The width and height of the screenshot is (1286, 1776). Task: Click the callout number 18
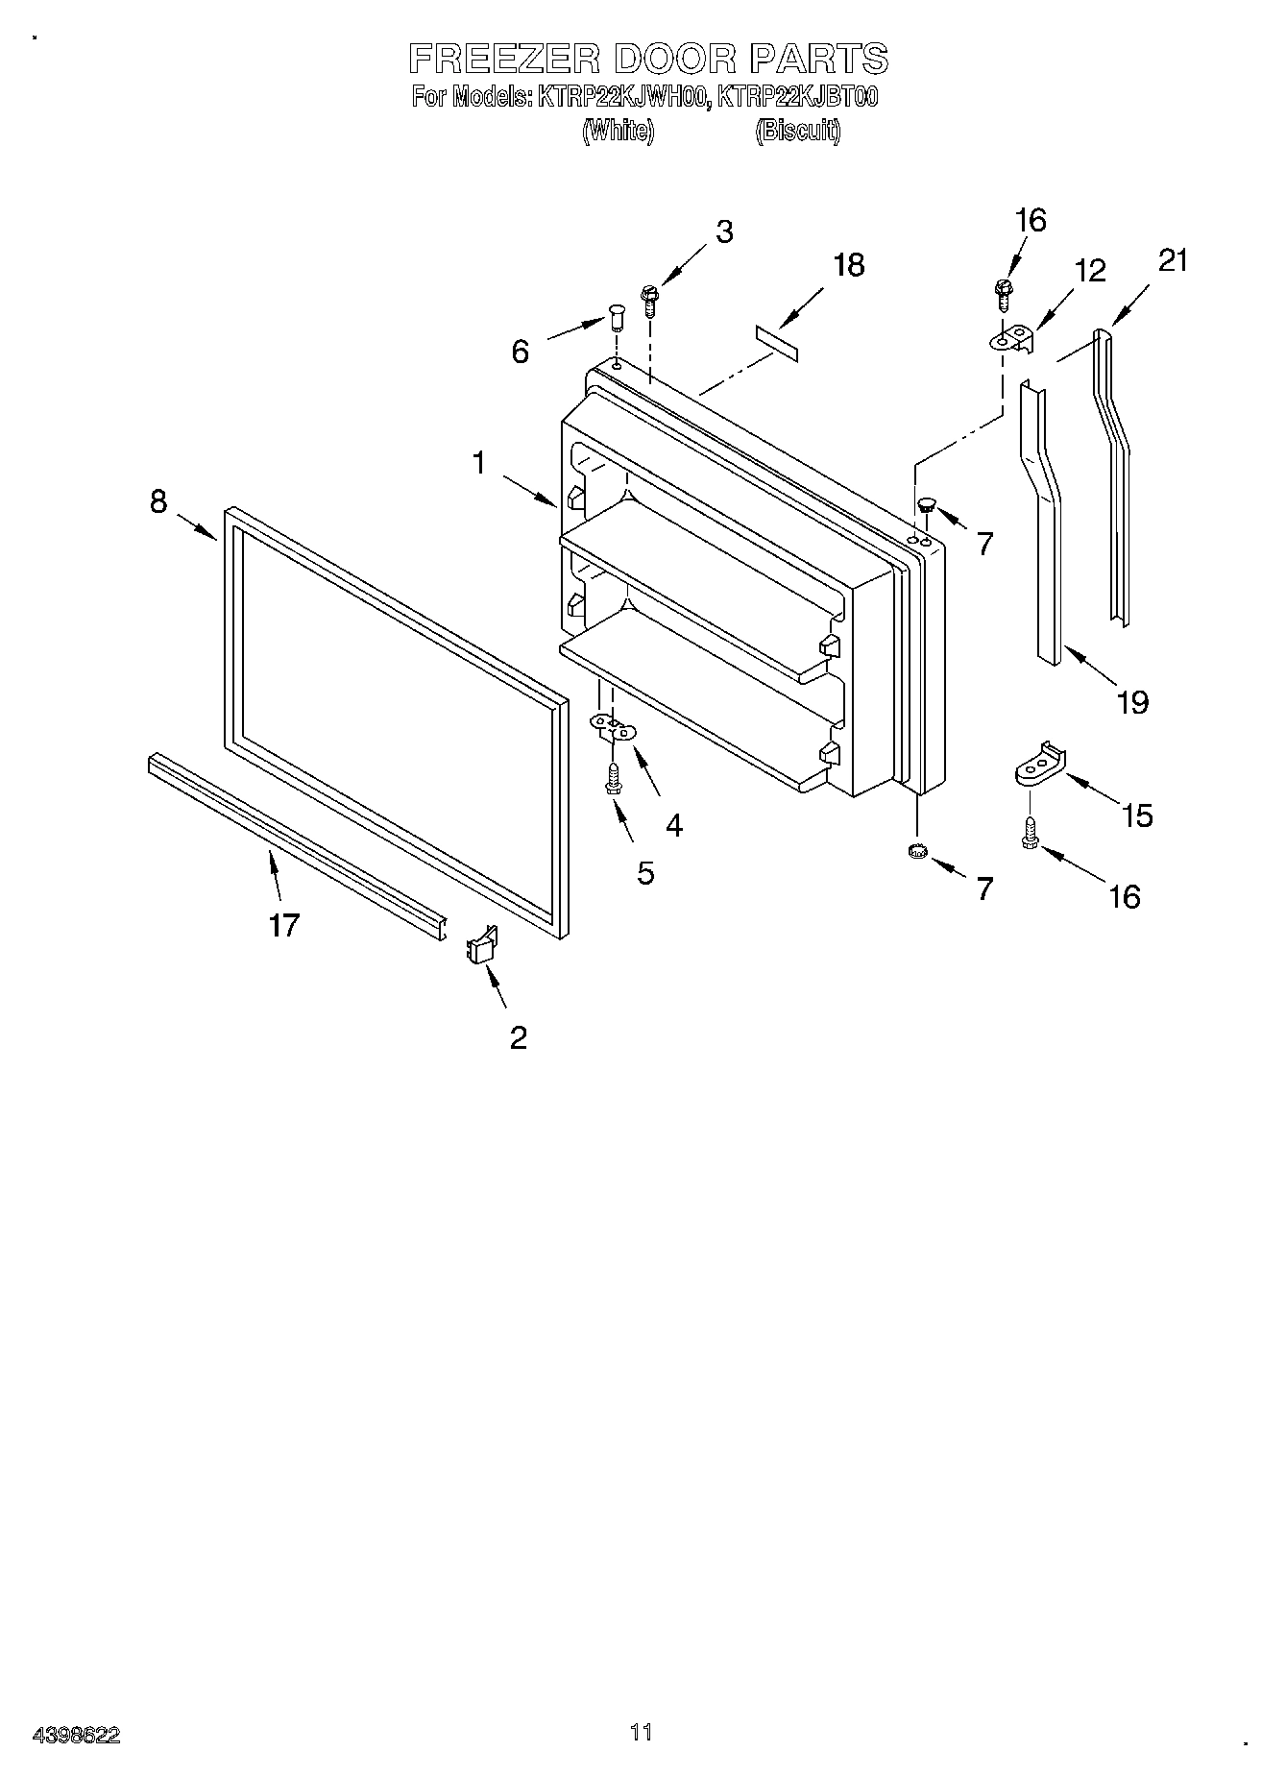(848, 265)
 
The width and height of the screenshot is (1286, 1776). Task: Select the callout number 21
(1173, 260)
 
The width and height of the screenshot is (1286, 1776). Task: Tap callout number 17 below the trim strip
(284, 925)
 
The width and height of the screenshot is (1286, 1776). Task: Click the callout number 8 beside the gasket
(158, 500)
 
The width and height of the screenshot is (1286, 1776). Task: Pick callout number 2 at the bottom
(518, 1037)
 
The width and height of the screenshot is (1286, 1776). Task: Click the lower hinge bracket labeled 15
(1041, 765)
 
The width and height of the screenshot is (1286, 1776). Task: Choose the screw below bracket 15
(1031, 832)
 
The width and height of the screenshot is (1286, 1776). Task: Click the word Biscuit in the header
(797, 131)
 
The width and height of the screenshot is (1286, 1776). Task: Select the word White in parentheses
(619, 131)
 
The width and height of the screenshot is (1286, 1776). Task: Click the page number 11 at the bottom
(641, 1732)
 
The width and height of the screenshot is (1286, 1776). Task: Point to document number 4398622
(77, 1735)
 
